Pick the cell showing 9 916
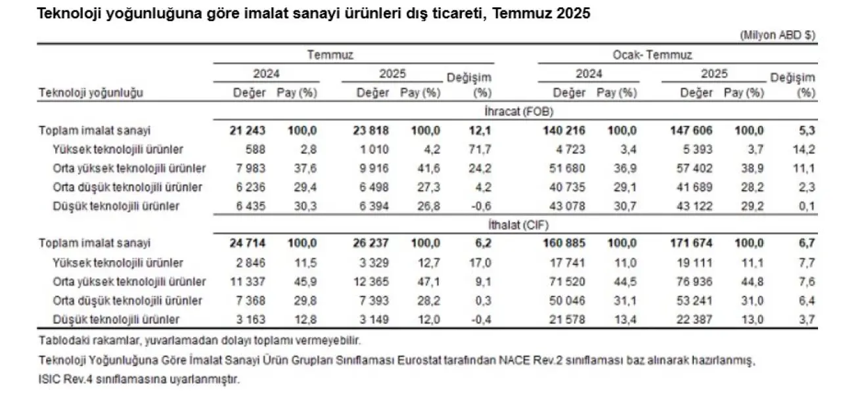(x=376, y=168)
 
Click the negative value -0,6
(x=481, y=206)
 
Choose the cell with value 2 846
(x=252, y=263)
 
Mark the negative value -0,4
(x=481, y=320)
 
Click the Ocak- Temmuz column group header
(x=662, y=55)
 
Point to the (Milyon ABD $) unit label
(x=777, y=35)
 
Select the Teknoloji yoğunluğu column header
(x=91, y=93)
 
